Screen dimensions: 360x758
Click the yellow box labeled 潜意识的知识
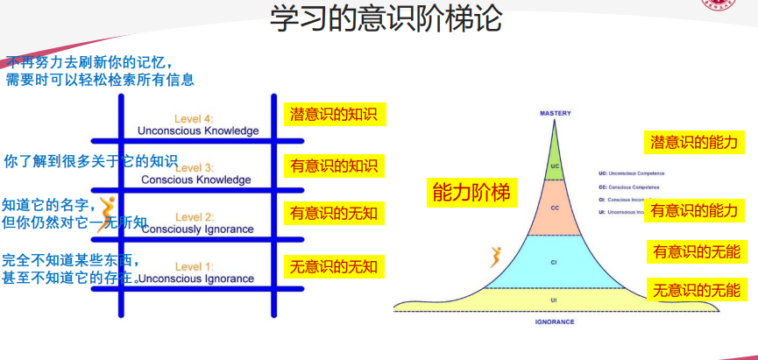334,115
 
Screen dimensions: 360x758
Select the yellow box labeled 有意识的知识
334,166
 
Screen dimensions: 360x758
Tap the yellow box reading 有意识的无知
334,213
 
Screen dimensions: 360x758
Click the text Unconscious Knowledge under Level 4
198,131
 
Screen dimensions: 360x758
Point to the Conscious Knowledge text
196,180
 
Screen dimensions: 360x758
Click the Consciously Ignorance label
197,229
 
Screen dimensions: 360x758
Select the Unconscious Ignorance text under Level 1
196,279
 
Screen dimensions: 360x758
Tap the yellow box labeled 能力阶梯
471,193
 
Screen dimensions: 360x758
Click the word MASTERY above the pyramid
555,114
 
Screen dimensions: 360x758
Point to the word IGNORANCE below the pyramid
554,322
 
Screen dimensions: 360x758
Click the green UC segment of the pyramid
555,166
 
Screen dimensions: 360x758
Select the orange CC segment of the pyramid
555,208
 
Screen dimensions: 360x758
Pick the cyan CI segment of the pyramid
555,261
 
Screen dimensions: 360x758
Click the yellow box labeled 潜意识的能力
692,141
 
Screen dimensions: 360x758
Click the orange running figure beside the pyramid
496,257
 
